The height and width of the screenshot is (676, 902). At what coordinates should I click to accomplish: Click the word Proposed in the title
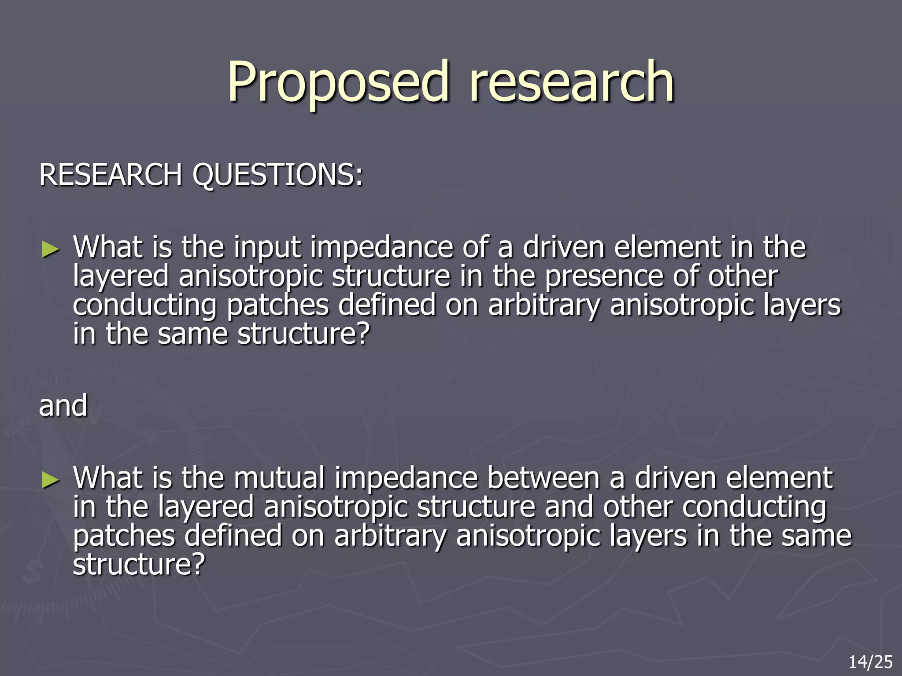tap(338, 82)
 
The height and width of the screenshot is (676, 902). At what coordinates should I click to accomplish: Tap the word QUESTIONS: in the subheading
tap(277, 175)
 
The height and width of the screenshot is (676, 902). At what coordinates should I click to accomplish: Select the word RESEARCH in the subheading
tap(110, 175)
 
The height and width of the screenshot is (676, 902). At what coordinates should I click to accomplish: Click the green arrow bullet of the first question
tap(50, 250)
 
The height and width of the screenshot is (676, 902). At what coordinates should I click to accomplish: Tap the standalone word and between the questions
tap(63, 406)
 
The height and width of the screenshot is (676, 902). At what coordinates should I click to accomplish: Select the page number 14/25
tap(870, 662)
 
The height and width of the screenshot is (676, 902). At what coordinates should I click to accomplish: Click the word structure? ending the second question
tap(139, 565)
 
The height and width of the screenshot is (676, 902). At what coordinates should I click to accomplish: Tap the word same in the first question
tap(192, 334)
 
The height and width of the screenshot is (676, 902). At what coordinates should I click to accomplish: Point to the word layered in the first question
tap(121, 276)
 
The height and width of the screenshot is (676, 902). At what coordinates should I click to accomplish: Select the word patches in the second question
tap(124, 536)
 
